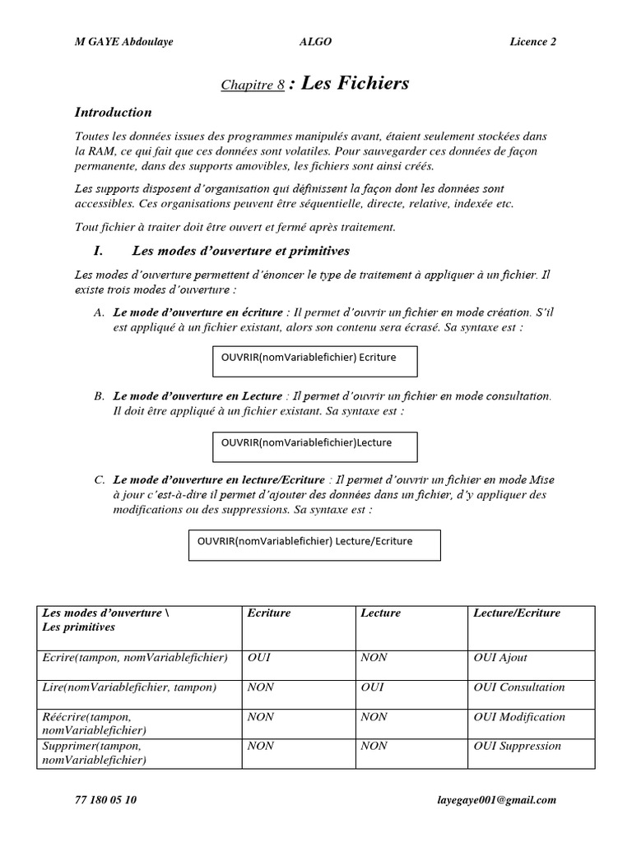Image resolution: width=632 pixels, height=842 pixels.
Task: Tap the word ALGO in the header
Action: [316, 43]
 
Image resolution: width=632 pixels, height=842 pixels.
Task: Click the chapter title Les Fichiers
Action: [355, 84]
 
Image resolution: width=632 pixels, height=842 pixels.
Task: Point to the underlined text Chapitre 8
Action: [253, 86]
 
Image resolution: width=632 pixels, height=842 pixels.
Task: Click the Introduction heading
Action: [114, 113]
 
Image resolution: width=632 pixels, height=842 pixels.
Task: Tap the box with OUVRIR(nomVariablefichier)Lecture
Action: [315, 446]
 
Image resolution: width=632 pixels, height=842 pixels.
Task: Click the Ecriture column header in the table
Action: [269, 613]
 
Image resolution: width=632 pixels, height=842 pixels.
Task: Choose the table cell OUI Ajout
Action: [501, 658]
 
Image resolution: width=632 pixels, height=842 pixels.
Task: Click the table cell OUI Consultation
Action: [519, 687]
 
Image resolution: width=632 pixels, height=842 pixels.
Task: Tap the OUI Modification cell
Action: [519, 717]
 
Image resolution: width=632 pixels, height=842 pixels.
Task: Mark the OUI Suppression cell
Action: [518, 747]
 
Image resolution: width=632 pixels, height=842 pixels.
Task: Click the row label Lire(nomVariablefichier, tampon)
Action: [129, 687]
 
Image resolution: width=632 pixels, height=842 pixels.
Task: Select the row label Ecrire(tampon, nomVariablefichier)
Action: [134, 658]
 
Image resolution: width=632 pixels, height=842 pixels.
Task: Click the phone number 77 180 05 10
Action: [106, 799]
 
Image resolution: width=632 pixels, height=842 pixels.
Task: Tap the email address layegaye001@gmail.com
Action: [497, 799]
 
